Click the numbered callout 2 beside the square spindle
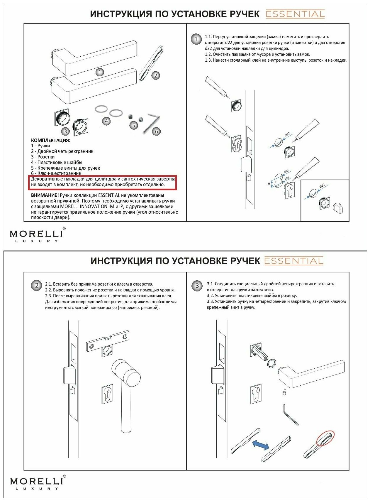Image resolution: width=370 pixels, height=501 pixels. pyautogui.click(x=155, y=75)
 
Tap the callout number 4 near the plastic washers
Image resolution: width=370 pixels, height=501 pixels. pyautogui.click(x=106, y=121)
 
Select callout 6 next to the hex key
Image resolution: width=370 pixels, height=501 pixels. pyautogui.click(x=156, y=131)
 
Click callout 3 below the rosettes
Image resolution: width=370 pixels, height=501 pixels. pyautogui.click(x=65, y=131)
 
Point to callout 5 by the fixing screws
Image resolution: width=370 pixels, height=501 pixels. pyautogui.click(x=133, y=126)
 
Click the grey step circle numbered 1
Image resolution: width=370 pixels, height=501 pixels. pyautogui.click(x=196, y=39)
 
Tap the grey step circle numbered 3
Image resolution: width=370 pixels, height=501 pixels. pyautogui.click(x=197, y=286)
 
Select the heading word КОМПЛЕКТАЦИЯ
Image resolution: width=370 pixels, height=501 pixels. pyautogui.click(x=51, y=140)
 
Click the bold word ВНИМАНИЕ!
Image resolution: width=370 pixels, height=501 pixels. pyautogui.click(x=45, y=195)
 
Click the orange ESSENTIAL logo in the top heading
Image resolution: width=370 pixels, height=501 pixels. pyautogui.click(x=295, y=14)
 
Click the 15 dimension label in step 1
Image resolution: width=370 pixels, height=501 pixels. pyautogui.click(x=269, y=184)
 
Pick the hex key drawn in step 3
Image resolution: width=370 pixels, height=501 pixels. pyautogui.click(x=290, y=414)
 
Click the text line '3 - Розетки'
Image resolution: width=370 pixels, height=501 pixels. pyautogui.click(x=43, y=157)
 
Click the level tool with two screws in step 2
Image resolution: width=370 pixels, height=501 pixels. pyautogui.click(x=108, y=342)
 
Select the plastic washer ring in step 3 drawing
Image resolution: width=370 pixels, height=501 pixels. pyautogui.click(x=271, y=363)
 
